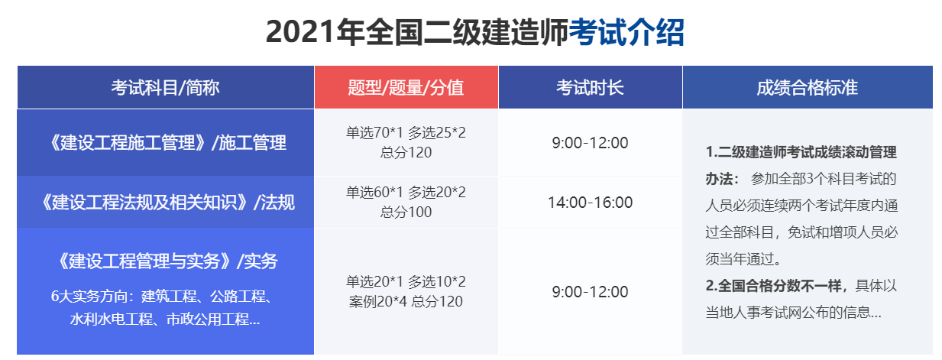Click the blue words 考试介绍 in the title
click(x=626, y=33)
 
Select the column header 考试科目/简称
click(x=165, y=88)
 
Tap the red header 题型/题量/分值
click(x=406, y=88)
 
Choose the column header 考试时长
click(x=590, y=88)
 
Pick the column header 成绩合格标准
click(x=807, y=88)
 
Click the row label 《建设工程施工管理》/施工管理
click(x=166, y=143)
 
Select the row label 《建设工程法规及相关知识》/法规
click(x=166, y=203)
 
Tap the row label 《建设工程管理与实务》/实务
click(x=166, y=261)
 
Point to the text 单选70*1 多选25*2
click(x=406, y=133)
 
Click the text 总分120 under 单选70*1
click(x=406, y=152)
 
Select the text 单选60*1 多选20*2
click(x=406, y=193)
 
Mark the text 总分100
click(x=406, y=212)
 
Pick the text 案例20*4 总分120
click(x=406, y=301)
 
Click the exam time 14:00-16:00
click(x=590, y=203)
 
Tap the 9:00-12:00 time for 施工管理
click(x=590, y=143)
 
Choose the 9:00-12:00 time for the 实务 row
click(x=590, y=292)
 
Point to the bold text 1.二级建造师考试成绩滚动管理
click(x=801, y=152)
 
